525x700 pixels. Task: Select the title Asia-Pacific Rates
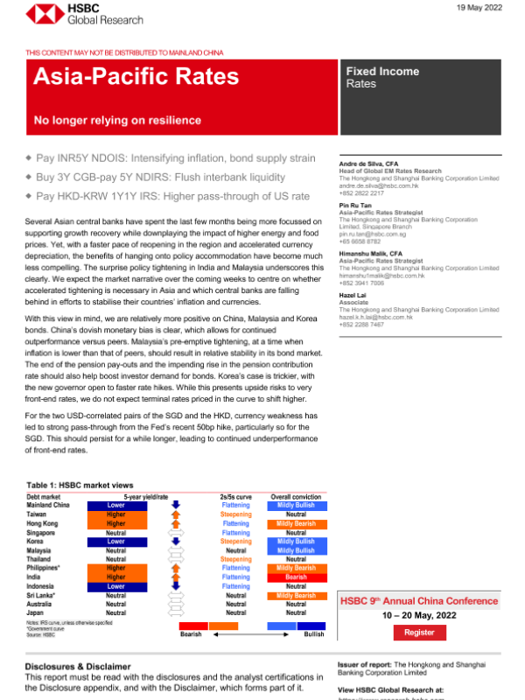pos(136,78)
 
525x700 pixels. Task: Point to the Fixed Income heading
pos(382,71)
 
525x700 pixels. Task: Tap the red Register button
pos(419,632)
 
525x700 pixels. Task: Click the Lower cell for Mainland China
pos(115,505)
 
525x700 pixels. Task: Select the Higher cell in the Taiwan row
pos(115,514)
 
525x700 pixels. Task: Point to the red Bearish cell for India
pos(296,577)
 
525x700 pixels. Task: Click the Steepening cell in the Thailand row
pos(235,559)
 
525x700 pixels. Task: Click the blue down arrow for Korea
pos(176,542)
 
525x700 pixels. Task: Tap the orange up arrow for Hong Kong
pos(176,523)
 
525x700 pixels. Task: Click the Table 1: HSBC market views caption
pos(80,485)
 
